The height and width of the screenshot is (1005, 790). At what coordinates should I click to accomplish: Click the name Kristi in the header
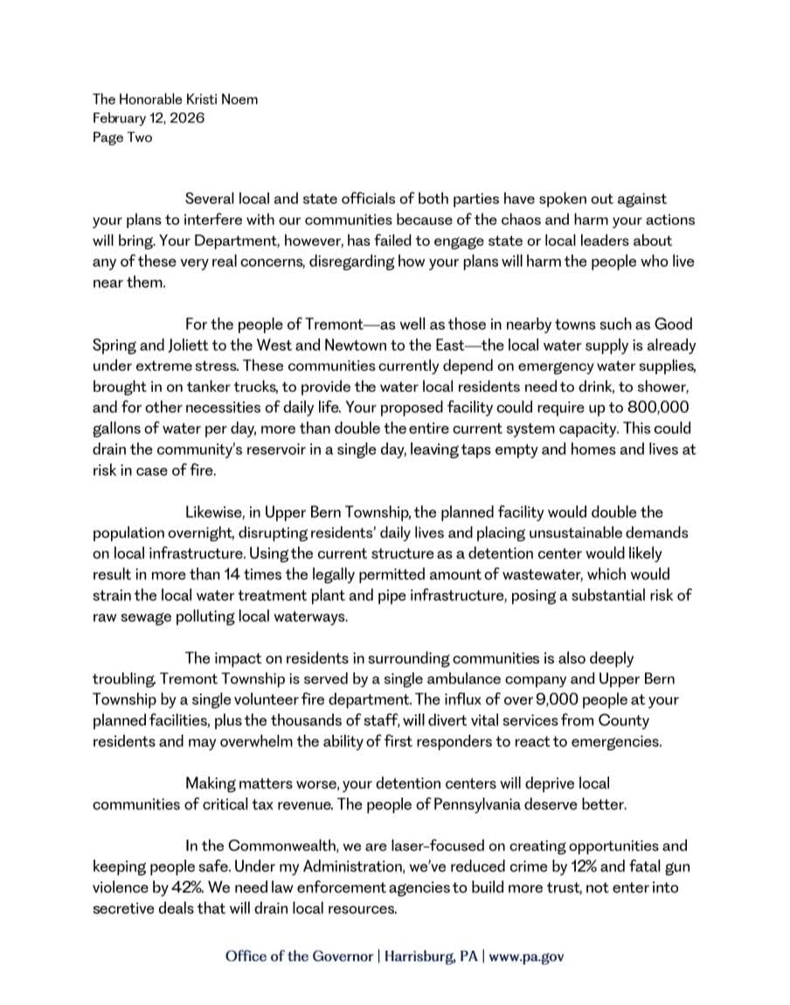198,100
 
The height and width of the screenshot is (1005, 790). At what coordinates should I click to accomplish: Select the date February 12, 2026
149,118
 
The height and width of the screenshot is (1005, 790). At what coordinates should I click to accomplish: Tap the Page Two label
122,137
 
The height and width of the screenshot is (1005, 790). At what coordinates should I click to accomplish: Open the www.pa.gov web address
526,956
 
